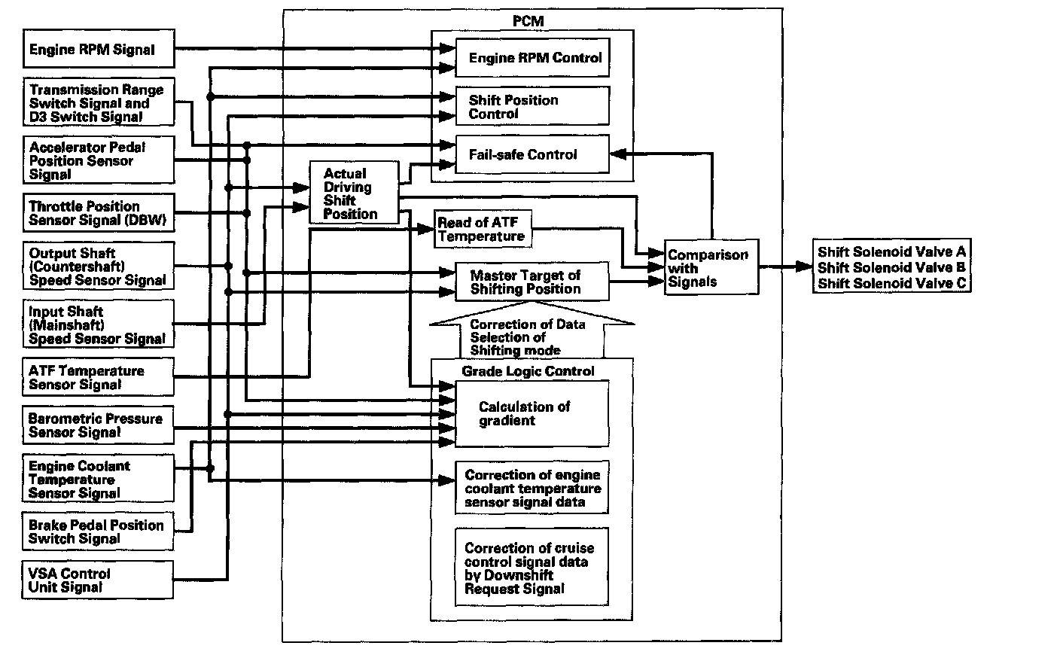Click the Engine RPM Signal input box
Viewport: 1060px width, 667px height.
pyautogui.click(x=99, y=49)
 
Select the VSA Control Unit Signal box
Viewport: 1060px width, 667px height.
pyautogui.click(x=97, y=580)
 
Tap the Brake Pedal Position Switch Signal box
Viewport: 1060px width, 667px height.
pyautogui.click(x=98, y=531)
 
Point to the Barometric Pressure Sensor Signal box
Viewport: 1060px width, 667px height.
pyautogui.click(x=98, y=425)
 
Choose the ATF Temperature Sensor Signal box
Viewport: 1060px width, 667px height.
pyautogui.click(x=98, y=377)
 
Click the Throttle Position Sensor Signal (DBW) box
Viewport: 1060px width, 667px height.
pyautogui.click(x=99, y=212)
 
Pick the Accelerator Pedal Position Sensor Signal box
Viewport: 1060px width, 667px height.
pyautogui.click(x=99, y=160)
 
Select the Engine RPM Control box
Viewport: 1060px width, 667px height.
pyautogui.click(x=532, y=58)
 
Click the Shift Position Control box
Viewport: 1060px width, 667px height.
pyautogui.click(x=532, y=106)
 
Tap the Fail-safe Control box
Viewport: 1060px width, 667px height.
pyautogui.click(x=532, y=154)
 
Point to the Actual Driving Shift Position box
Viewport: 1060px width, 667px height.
pyautogui.click(x=355, y=193)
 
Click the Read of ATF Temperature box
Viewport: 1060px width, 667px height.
pyautogui.click(x=483, y=229)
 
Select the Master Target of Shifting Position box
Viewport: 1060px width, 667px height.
pyautogui.click(x=532, y=282)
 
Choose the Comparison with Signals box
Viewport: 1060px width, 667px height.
pyautogui.click(x=711, y=267)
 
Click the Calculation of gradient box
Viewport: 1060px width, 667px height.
pyautogui.click(x=532, y=414)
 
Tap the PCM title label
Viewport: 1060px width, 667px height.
pyautogui.click(x=528, y=21)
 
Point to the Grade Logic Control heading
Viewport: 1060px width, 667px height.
pyautogui.click(x=528, y=371)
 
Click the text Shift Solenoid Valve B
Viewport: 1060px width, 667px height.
pyautogui.click(x=891, y=267)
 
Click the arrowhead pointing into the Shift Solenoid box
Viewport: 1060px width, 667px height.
pyautogui.click(x=804, y=266)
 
